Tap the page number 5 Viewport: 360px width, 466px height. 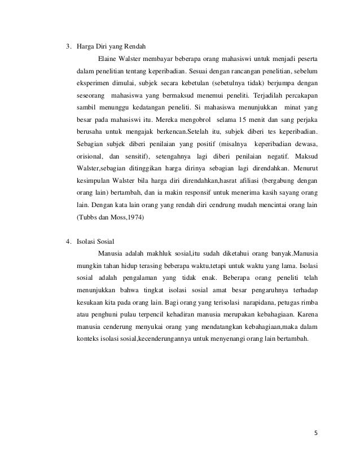(x=315, y=433)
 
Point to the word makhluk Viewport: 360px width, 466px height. (x=159, y=253)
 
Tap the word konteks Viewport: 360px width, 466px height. (x=87, y=340)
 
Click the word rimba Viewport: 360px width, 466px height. (x=306, y=302)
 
